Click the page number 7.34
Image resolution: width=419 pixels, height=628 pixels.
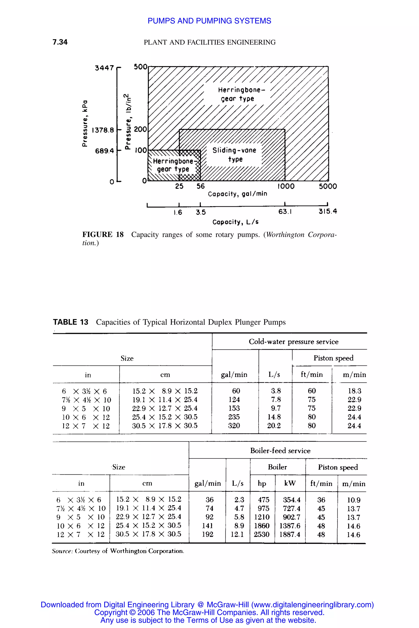pos(60,42)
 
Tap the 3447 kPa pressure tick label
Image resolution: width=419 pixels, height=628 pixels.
pos(104,68)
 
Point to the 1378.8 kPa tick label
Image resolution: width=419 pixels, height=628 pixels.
pos(103,130)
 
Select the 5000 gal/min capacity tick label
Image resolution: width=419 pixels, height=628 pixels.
pos(328,186)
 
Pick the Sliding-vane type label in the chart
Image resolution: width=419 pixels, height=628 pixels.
pos(234,155)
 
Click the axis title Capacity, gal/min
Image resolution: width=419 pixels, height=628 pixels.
pos(238,194)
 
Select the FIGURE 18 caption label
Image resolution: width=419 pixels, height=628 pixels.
pos(103,235)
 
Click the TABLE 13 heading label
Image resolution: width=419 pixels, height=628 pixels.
pos(71,322)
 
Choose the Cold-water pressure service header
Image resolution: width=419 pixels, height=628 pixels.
pos(293,342)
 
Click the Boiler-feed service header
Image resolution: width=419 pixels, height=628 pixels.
pos(280,451)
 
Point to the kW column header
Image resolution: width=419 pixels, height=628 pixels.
pos(290,483)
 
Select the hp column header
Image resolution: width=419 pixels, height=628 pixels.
pos(262,483)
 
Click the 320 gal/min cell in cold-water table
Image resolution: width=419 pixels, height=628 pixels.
pos(234,426)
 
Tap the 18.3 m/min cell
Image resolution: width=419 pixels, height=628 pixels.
pos(354,391)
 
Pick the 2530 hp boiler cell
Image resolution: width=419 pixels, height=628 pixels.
pos(262,534)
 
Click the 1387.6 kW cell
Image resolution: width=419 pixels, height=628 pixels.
pos(290,526)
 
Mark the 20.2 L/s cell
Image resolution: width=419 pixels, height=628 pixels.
pos(274,426)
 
